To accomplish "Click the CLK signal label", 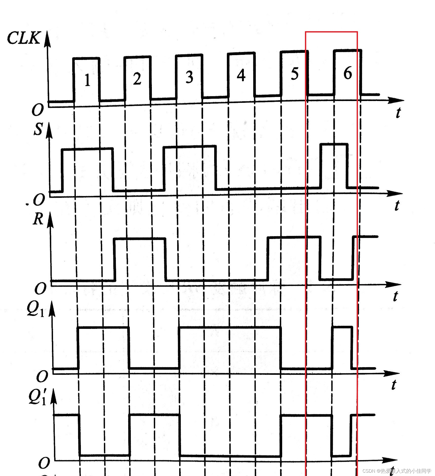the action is (23, 38).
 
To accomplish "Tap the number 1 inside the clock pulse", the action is (87, 80).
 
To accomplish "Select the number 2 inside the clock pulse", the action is (137, 79).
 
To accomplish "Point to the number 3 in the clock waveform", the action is (189, 77).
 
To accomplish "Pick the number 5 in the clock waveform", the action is (294, 74).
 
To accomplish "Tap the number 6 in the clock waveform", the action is (348, 73).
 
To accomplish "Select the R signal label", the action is (38, 219).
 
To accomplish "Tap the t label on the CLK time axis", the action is (398, 113).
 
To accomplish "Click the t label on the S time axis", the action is (397, 205).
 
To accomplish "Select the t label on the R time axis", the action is (395, 296).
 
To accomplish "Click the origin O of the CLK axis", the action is (37, 110).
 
